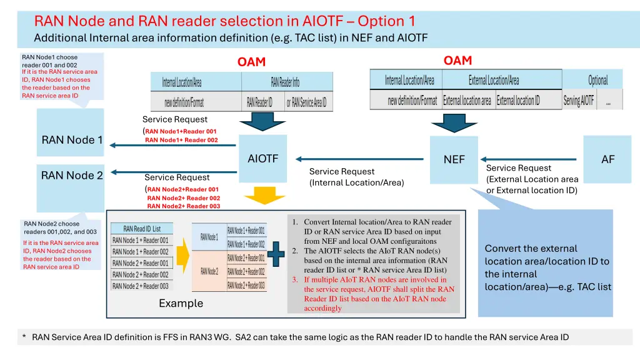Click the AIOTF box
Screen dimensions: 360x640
[262, 159]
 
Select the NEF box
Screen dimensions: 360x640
[454, 159]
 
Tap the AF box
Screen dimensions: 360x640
[607, 159]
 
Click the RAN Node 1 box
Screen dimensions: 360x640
[71, 139]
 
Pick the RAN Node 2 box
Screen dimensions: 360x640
[71, 176]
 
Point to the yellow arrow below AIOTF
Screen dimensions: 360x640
[262, 196]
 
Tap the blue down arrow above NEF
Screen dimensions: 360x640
[455, 122]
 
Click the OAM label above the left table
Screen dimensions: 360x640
[251, 62]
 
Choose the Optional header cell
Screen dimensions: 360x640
[597, 80]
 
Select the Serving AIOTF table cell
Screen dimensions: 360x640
[579, 101]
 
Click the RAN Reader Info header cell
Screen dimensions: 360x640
[285, 82]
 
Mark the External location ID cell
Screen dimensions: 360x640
[518, 101]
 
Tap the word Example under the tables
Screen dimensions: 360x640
[181, 303]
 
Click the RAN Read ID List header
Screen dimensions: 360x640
[142, 229]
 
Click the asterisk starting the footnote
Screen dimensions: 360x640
[24, 337]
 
